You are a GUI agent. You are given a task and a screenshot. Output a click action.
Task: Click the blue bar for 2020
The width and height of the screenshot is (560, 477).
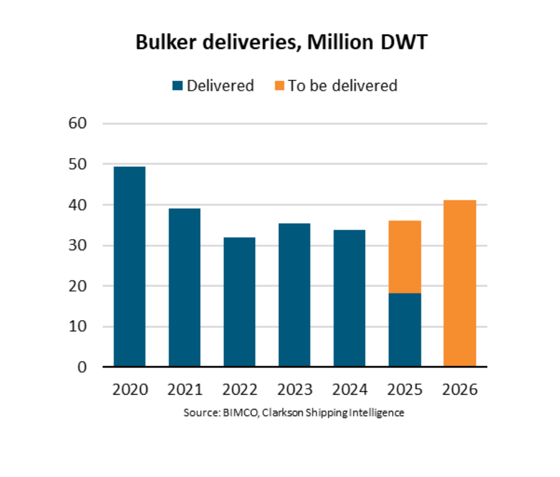pos(129,267)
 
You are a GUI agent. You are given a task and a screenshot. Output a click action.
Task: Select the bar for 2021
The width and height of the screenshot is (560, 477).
pos(185,287)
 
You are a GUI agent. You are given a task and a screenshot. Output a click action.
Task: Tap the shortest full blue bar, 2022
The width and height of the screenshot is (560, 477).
pos(239,302)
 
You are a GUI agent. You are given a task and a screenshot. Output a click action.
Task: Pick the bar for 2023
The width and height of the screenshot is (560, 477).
pos(294,295)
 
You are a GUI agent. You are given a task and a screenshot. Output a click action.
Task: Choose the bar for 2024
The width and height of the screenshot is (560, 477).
pos(349,298)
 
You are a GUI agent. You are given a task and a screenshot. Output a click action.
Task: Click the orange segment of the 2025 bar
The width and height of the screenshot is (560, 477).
pos(405,257)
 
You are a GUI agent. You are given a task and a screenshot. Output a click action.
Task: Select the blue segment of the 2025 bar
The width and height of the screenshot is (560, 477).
pos(405,330)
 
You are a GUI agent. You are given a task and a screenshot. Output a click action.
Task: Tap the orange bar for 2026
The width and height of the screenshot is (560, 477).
pos(459,283)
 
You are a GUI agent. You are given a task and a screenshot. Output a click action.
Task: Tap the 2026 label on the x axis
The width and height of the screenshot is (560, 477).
pos(459,390)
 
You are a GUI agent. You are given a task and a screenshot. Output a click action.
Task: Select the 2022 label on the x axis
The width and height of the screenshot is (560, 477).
pos(239,390)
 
